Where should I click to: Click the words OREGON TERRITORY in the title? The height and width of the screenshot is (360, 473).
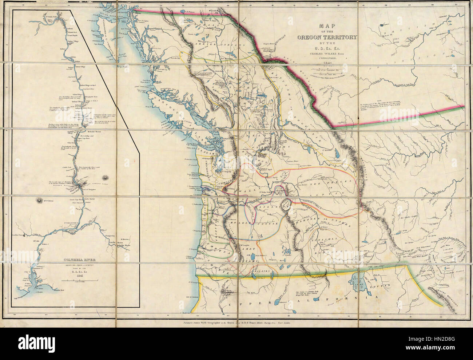click(328, 37)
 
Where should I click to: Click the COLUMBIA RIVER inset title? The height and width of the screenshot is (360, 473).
click(74, 260)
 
